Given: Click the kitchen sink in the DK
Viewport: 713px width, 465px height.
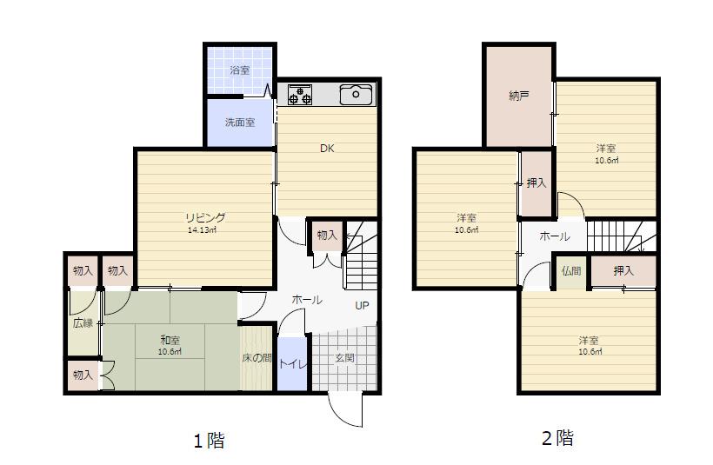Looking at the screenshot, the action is (x=356, y=94).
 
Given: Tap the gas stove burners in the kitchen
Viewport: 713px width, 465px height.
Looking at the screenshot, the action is (x=300, y=95).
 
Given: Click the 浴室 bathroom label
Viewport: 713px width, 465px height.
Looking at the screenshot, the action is (x=240, y=70).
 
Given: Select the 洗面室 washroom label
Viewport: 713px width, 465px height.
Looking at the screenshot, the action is (x=240, y=123).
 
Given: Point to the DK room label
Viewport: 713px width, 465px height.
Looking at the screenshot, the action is (x=327, y=148).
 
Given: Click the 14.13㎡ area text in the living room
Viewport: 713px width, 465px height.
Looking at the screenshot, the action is (x=202, y=230).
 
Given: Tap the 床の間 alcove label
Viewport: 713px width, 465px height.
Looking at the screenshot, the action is (x=257, y=358).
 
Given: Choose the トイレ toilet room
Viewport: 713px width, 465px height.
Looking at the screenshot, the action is (x=292, y=363).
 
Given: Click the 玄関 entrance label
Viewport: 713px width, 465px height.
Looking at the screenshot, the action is (x=344, y=358).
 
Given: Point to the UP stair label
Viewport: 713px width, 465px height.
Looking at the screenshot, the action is (x=362, y=305).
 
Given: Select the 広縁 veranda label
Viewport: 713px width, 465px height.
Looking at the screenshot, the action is (x=83, y=323).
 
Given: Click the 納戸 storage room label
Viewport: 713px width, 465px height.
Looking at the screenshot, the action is (x=519, y=96).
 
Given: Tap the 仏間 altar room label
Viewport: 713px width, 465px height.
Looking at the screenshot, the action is (x=571, y=271).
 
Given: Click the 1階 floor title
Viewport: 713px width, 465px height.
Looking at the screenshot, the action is (x=210, y=440).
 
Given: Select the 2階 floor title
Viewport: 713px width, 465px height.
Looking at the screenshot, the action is (x=557, y=438).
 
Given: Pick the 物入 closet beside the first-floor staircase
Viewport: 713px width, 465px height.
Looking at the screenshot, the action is (x=327, y=236).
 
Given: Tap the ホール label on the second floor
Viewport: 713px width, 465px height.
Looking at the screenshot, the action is (x=554, y=236).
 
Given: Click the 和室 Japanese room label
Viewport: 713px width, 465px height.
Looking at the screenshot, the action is (x=170, y=340).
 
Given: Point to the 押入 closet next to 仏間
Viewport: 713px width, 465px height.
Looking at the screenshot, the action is (x=623, y=271).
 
